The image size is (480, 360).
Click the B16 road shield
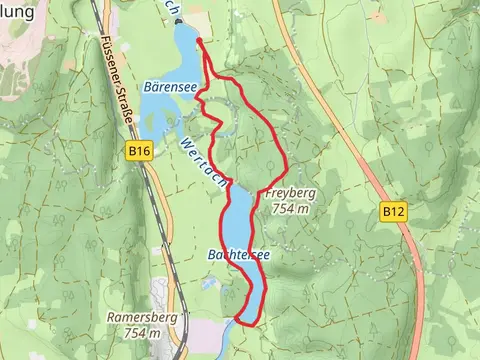pyautogui.click(x=139, y=151)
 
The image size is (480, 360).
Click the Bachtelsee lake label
pyautogui.click(x=239, y=256)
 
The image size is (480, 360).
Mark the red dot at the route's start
pyautogui.click(x=200, y=42)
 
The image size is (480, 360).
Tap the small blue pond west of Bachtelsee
pyautogui.click(x=208, y=284)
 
